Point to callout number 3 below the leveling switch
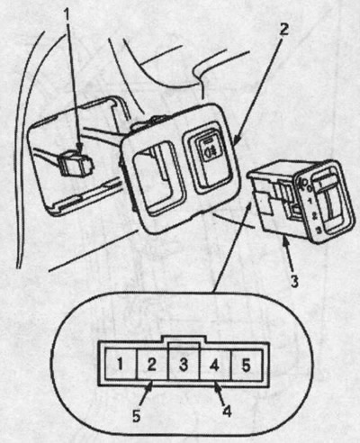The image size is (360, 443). [x=294, y=281]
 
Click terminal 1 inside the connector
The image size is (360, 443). [x=120, y=365]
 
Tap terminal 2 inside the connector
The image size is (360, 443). [x=151, y=365]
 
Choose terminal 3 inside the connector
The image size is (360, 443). [x=184, y=365]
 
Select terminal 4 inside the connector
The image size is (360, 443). [x=214, y=365]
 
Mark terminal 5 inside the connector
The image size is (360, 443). [x=246, y=365]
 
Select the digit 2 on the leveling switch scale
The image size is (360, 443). [x=315, y=215]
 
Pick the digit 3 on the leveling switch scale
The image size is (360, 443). [x=319, y=231]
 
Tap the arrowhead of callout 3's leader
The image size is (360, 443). [x=284, y=241]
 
